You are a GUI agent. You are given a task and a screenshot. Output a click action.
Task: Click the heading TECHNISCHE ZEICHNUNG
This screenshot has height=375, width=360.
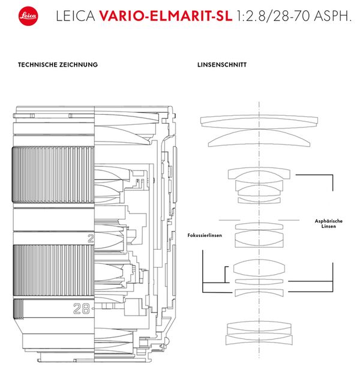click(x=58, y=64)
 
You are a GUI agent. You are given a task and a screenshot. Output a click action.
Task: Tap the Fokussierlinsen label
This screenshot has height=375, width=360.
click(x=205, y=236)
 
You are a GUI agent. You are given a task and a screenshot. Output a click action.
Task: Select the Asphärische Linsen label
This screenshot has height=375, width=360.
click(x=328, y=223)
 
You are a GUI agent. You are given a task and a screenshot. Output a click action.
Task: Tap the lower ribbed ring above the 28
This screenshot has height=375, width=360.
click(x=52, y=270)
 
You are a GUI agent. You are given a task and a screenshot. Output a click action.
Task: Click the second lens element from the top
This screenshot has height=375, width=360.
click(x=259, y=140)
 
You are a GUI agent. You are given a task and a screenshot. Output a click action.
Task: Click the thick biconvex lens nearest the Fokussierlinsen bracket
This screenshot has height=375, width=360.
click(x=259, y=267)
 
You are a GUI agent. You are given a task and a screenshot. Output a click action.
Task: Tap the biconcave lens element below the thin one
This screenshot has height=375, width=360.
click(x=259, y=293)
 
